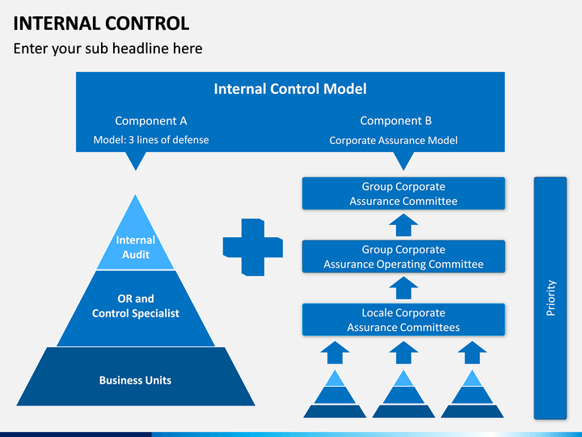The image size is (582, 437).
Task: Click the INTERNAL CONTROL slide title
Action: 101,23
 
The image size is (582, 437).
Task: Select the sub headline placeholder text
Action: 108,49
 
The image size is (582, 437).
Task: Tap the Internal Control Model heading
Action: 290,89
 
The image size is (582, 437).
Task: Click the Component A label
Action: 151,121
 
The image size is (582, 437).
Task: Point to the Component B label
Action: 395,121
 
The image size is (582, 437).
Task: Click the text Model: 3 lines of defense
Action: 151,140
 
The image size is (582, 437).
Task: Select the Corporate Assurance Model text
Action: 394,141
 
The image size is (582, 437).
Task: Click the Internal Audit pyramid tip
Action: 136,232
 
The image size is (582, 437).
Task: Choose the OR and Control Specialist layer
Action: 136,308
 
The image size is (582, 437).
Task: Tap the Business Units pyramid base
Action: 136,376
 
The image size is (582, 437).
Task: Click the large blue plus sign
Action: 253,247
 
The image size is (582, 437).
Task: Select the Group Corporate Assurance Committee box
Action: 403,193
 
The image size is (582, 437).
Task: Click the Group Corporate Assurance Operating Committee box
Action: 403,257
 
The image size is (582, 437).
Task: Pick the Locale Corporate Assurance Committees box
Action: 403,320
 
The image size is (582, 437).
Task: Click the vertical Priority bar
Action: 550,298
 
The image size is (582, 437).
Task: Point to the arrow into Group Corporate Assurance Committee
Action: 403,225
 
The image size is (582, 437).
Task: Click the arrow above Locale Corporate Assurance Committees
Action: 403,288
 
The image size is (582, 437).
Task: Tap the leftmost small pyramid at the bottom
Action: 335,394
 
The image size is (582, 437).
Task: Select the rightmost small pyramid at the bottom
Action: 472,394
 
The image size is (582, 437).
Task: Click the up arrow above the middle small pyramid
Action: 403,353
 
